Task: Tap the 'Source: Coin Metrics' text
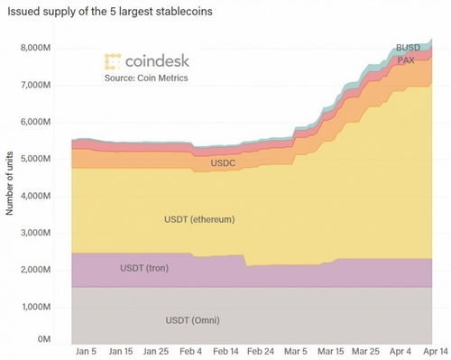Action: click(x=145, y=79)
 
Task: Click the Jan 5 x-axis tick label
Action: click(x=87, y=350)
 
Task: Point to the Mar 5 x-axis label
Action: click(x=295, y=350)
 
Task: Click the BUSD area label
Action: click(x=408, y=48)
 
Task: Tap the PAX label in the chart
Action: click(x=408, y=60)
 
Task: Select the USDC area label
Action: click(x=223, y=163)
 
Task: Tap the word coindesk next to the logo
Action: click(x=156, y=61)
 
